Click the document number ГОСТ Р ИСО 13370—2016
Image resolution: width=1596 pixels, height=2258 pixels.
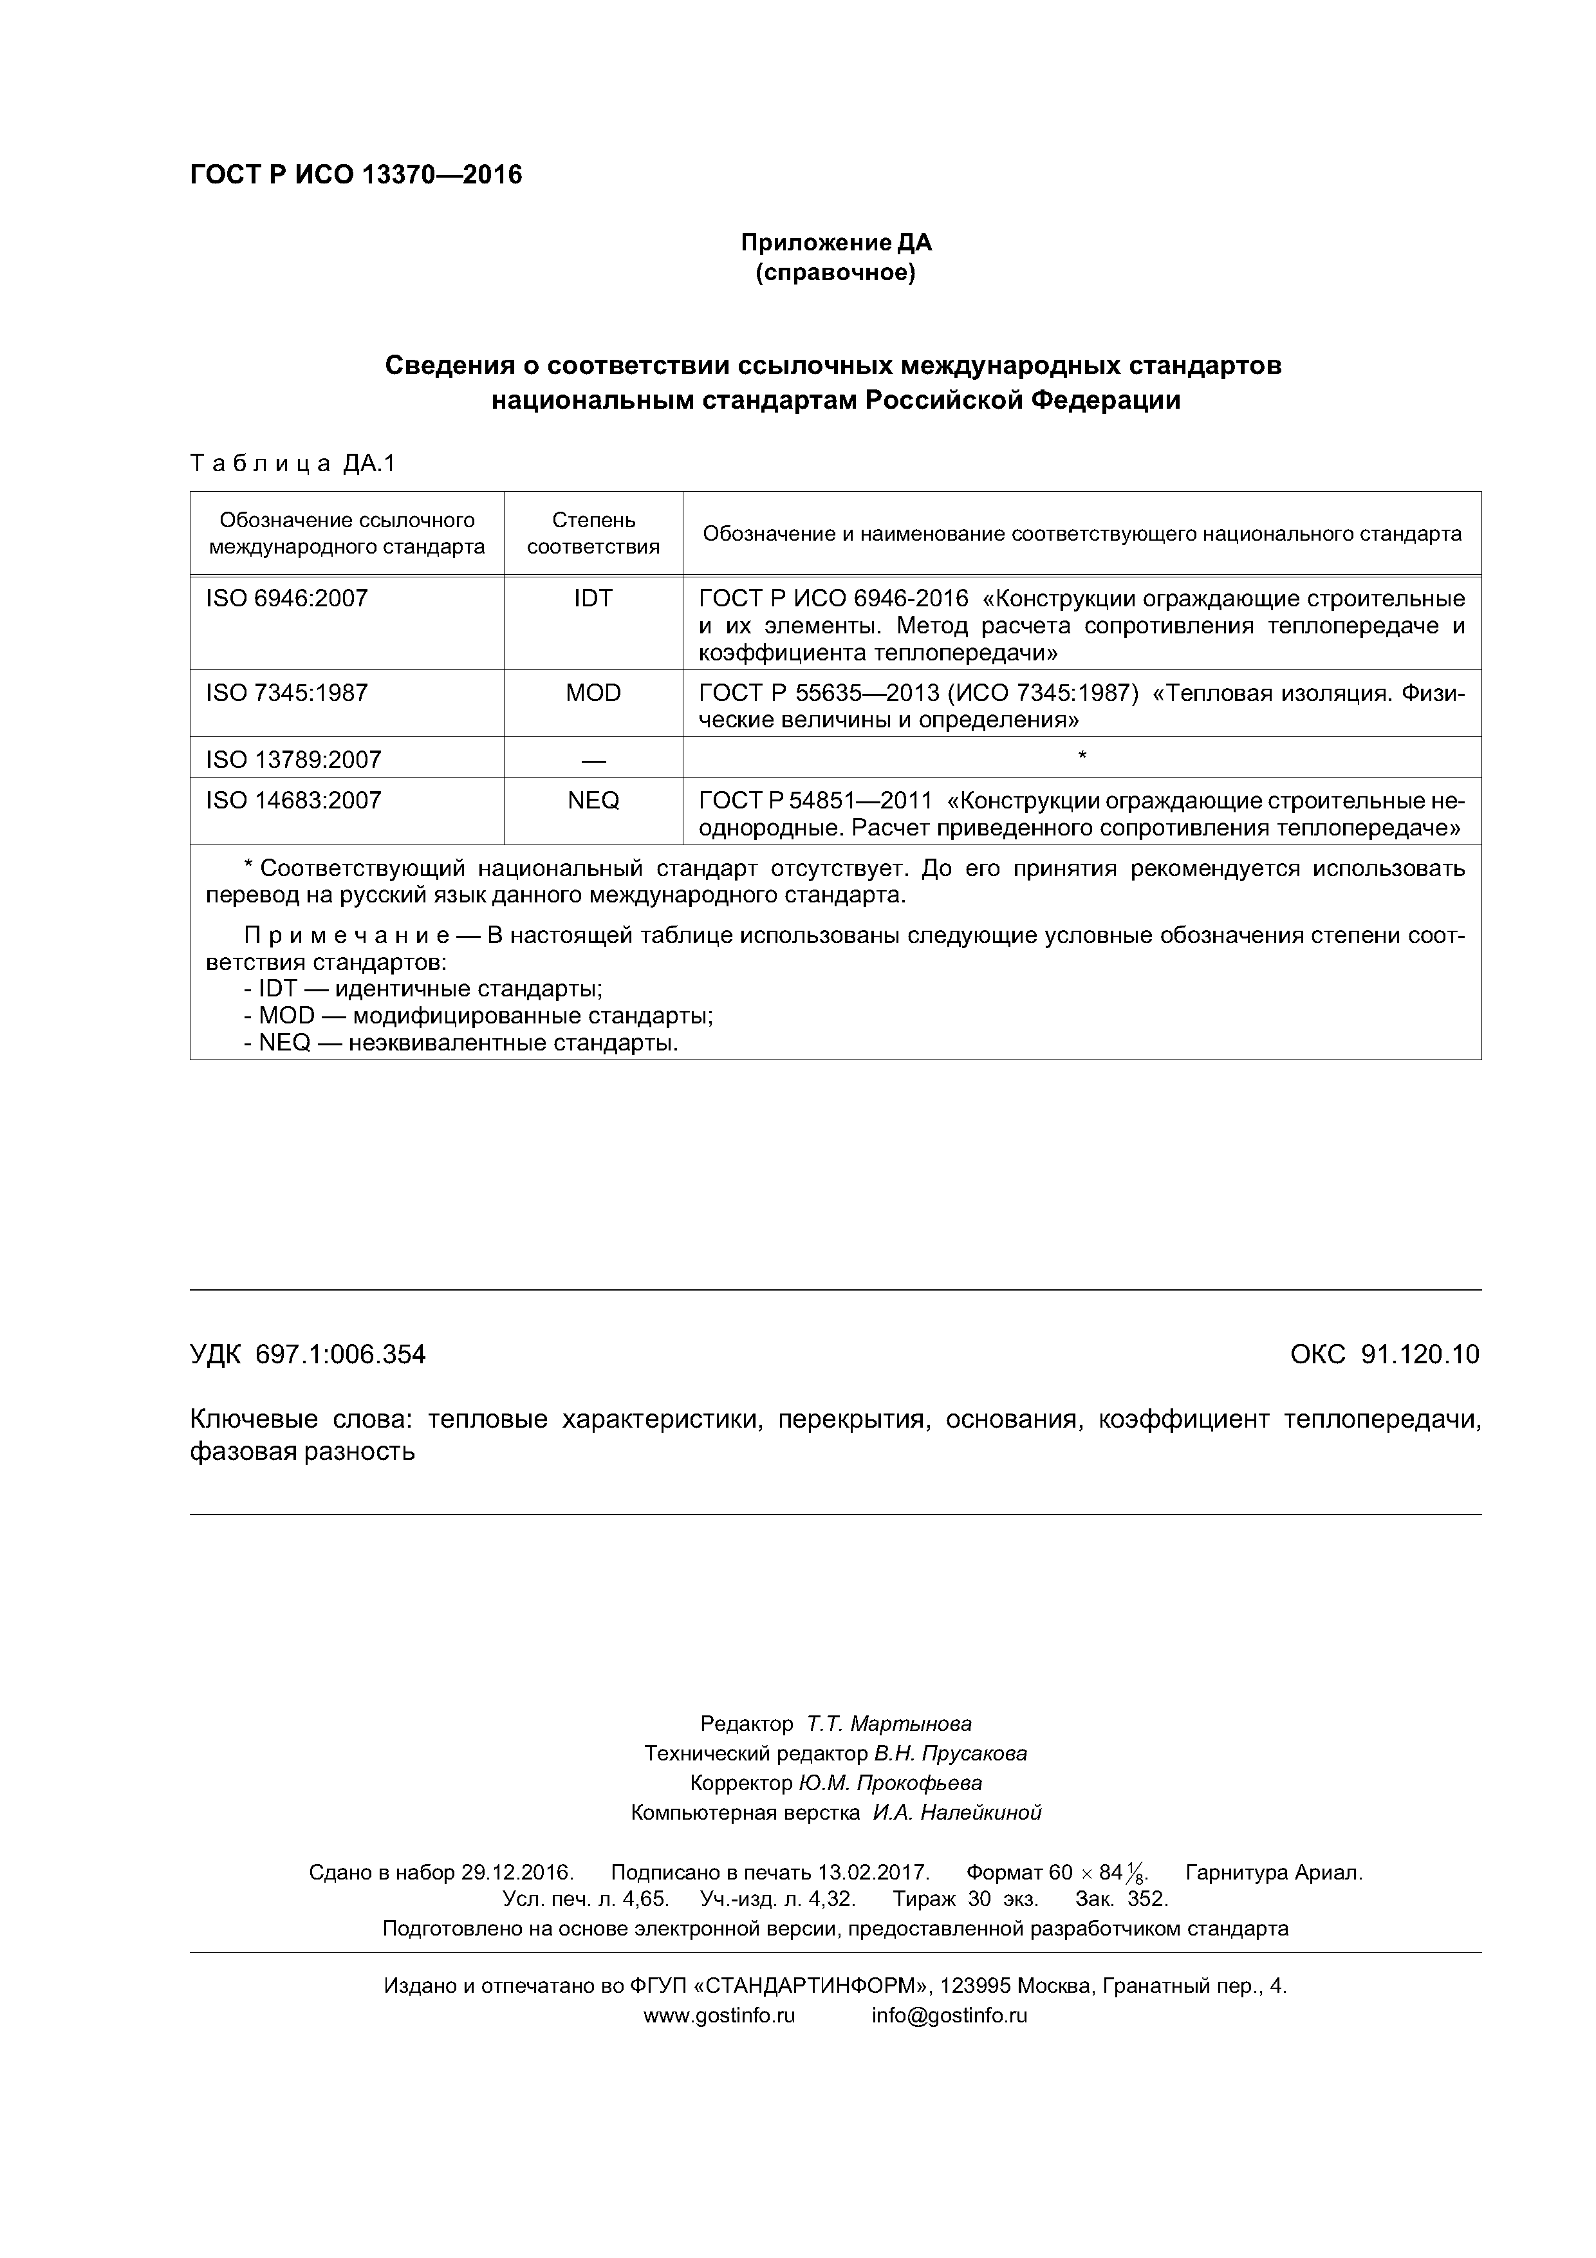pyautogui.click(x=355, y=175)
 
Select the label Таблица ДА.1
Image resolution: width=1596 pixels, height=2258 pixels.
pyautogui.click(x=292, y=463)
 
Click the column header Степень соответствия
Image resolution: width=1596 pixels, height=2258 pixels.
pyautogui.click(x=593, y=533)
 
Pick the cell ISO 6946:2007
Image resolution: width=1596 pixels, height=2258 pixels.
pyautogui.click(x=286, y=598)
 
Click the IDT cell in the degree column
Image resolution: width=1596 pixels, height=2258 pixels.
pyautogui.click(x=593, y=598)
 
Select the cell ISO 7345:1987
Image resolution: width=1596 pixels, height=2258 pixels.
pyautogui.click(x=286, y=693)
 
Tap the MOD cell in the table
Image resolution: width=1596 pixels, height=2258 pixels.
pyautogui.click(x=593, y=693)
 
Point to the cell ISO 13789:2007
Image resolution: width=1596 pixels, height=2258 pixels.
pyautogui.click(x=293, y=760)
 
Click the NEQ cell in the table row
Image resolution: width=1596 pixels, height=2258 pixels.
pyautogui.click(x=593, y=801)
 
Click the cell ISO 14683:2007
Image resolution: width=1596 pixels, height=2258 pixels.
pyautogui.click(x=293, y=801)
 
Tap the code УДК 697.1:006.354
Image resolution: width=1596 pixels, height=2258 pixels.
pyautogui.click(x=308, y=1354)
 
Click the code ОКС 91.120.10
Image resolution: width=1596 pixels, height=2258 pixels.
pyautogui.click(x=1384, y=1354)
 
